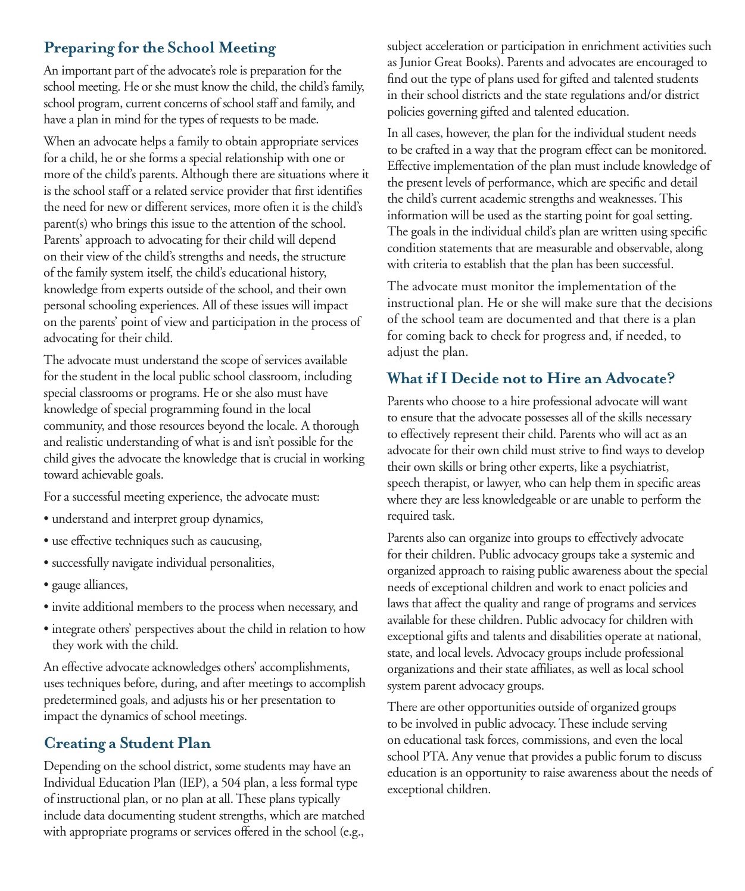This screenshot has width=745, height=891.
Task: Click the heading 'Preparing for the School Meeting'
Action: [160, 48]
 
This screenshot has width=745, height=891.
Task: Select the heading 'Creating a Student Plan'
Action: [127, 743]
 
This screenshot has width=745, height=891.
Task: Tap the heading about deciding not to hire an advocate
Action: [531, 378]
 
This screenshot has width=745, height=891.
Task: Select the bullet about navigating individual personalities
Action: [163, 563]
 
